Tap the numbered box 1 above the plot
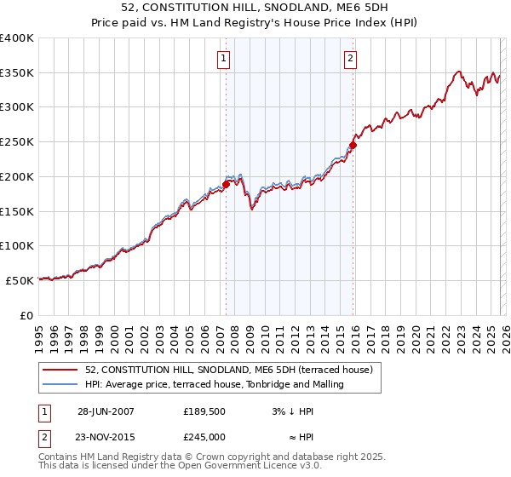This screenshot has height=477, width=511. (223, 59)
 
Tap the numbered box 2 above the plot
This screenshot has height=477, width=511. (350, 59)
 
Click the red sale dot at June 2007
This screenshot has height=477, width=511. (227, 183)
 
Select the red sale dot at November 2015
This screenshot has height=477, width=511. (353, 145)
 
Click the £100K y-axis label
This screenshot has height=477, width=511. (19, 245)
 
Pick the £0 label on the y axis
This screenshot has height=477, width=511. (26, 314)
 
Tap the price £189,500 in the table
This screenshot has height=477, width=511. (205, 411)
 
